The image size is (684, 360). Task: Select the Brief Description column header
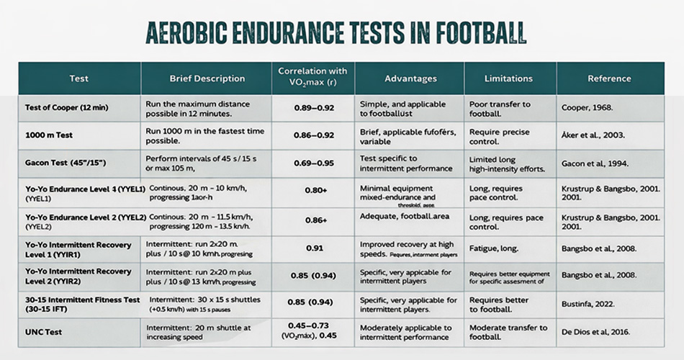pos(207,78)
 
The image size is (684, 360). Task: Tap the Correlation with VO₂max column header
pos(312,78)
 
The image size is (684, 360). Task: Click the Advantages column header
pos(410,78)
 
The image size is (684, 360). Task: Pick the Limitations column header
pos(508,78)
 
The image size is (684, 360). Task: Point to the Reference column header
pos(609,78)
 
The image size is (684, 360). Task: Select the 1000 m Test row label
pos(50,133)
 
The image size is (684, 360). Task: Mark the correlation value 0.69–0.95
pos(312,163)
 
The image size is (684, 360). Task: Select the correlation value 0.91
pos(312,248)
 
